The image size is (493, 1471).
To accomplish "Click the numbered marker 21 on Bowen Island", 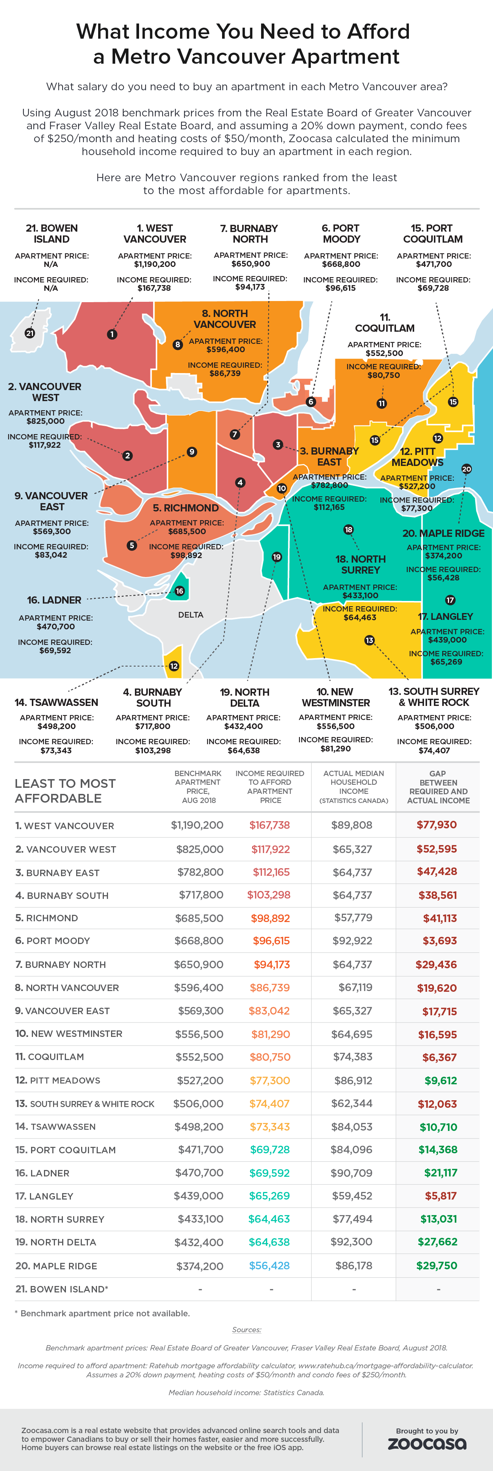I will pyautogui.click(x=30, y=333).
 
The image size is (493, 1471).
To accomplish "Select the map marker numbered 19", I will pyautogui.click(x=277, y=557).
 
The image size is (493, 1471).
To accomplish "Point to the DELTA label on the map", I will pyautogui.click(x=191, y=615).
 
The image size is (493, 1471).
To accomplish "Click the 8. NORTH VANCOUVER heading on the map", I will pyautogui.click(x=225, y=318).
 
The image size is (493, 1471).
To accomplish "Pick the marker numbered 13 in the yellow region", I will pyautogui.click(x=369, y=640).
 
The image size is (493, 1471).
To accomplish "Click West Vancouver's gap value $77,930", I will pyautogui.click(x=437, y=825).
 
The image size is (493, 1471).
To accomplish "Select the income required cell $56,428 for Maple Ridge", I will pyautogui.click(x=269, y=1266).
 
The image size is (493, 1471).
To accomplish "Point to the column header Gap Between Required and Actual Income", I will pyautogui.click(x=438, y=787).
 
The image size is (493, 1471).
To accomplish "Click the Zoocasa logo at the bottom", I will pyautogui.click(x=427, y=1444).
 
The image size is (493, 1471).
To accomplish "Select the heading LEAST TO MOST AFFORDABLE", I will pyautogui.click(x=65, y=790).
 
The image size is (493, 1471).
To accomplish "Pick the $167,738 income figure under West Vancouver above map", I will pyautogui.click(x=154, y=288).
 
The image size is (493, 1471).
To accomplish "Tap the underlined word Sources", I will pyautogui.click(x=246, y=1329).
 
